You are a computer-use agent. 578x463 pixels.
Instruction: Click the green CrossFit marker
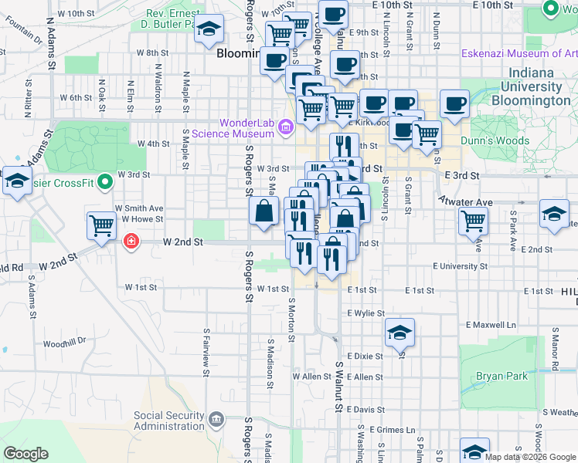[107, 183]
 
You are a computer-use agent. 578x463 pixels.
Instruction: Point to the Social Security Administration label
[169, 421]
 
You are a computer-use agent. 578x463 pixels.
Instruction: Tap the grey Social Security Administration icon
[216, 420]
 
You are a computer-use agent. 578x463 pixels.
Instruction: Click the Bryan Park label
[503, 377]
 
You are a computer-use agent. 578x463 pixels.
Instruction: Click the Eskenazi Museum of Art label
[518, 53]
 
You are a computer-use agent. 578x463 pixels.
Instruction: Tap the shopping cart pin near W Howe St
[101, 226]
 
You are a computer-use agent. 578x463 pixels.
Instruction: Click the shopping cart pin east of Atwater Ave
[472, 221]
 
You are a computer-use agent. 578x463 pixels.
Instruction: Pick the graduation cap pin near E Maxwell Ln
[399, 333]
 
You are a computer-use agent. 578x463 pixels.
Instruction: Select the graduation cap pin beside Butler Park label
[209, 29]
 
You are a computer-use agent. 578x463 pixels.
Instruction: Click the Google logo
[25, 454]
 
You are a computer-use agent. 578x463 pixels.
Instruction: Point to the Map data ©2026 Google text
[530, 457]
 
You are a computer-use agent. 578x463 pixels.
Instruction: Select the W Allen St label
[311, 377]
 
